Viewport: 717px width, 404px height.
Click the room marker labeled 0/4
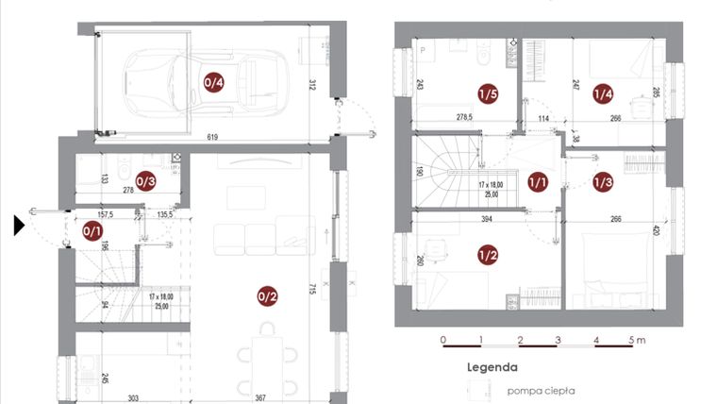click(x=214, y=82)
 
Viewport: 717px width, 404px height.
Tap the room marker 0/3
click(x=145, y=179)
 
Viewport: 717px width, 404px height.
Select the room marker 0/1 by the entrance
click(x=92, y=229)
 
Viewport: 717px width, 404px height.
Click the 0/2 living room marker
click(x=267, y=296)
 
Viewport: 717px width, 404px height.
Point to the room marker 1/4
click(x=603, y=93)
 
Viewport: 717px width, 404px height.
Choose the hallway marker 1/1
click(x=538, y=181)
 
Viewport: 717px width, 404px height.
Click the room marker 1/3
click(x=603, y=181)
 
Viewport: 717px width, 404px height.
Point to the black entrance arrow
click(x=19, y=226)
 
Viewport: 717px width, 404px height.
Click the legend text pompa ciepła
click(x=541, y=390)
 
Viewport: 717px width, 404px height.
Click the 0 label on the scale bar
click(x=442, y=339)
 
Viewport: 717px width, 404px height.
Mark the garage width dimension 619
click(x=214, y=138)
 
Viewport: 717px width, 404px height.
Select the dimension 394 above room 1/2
click(x=487, y=219)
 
